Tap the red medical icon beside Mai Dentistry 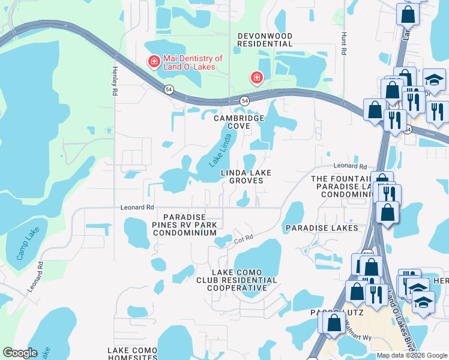(x=154, y=61)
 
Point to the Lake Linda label (x=220, y=151)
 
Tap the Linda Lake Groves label (x=246, y=178)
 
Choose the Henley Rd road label (x=113, y=81)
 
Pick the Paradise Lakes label (x=322, y=228)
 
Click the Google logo (x=20, y=353)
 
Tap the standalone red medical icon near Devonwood (x=256, y=78)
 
